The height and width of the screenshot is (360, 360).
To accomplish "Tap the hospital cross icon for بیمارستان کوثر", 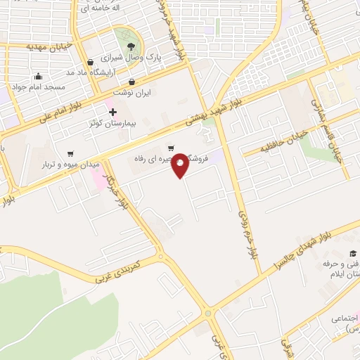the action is (x=112, y=112).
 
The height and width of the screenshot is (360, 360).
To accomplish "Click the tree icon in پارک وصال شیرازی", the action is (x=131, y=47).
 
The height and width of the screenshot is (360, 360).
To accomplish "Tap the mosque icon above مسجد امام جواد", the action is (x=37, y=77).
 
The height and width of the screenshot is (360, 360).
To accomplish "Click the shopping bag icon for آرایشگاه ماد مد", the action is (x=88, y=61).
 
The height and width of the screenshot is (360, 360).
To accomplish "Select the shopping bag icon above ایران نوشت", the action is (x=151, y=81).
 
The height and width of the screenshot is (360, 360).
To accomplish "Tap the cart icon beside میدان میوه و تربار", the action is (x=70, y=153).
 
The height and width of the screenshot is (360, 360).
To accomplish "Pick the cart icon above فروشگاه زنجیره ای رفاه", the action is (x=171, y=148).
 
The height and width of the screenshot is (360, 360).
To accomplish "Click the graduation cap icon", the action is (x=353, y=254).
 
